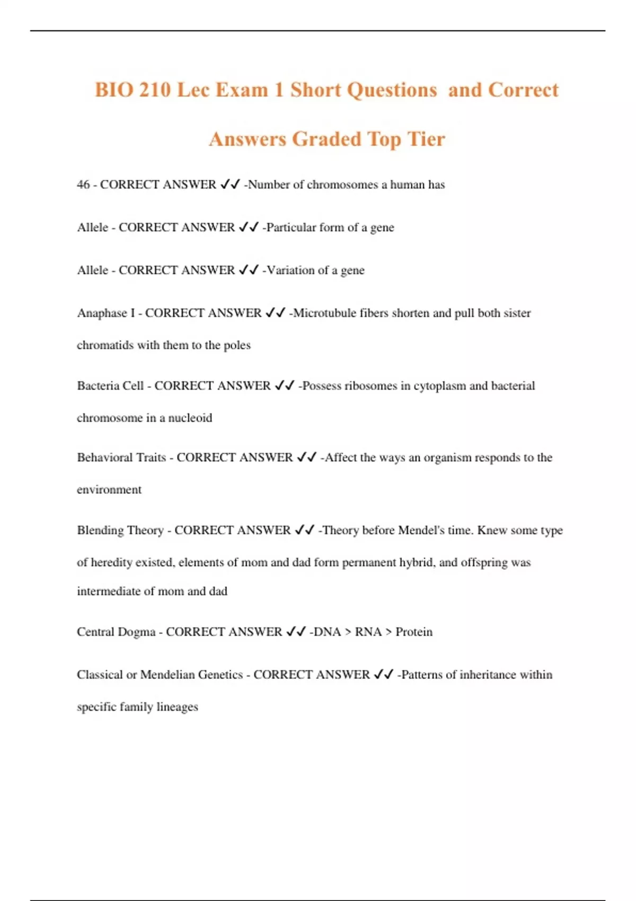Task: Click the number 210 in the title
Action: point(155,90)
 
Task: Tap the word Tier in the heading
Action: point(426,139)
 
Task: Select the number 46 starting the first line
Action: point(83,184)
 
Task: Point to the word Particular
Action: point(291,227)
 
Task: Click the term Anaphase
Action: point(102,313)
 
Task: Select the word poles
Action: point(237,345)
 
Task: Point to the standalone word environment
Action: point(109,490)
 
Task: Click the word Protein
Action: point(414,632)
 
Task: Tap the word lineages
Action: point(177,707)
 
